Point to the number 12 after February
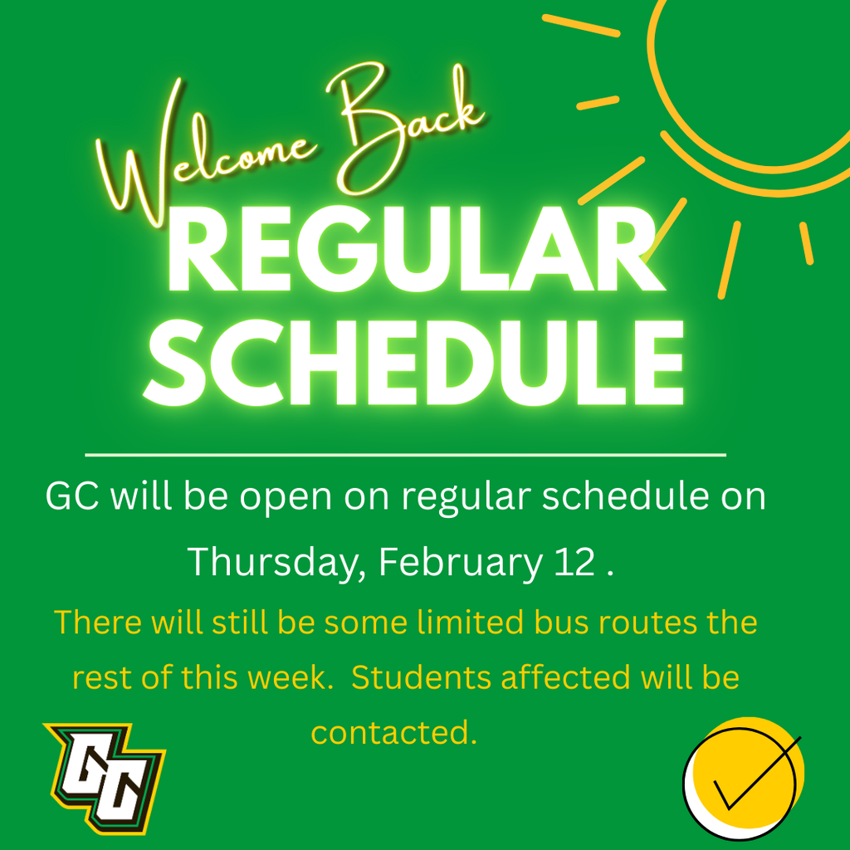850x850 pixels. pyautogui.click(x=572, y=563)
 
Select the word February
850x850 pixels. pyautogui.click(x=459, y=563)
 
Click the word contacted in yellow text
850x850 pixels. pyautogui.click(x=393, y=733)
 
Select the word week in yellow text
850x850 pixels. pyautogui.click(x=286, y=678)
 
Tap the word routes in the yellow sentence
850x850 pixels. pyautogui.click(x=611, y=623)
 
